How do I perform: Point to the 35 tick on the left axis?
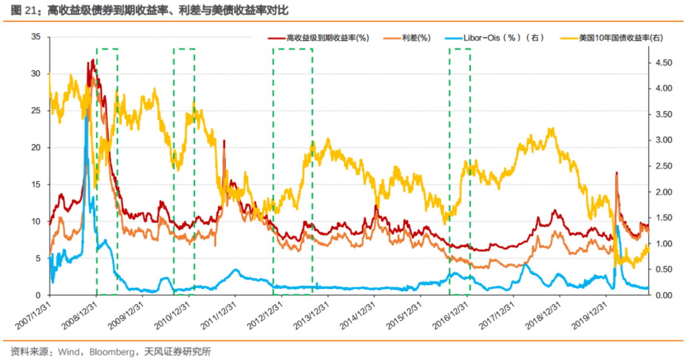(x=36, y=37)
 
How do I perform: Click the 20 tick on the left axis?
(x=36, y=148)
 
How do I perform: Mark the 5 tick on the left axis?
(x=38, y=259)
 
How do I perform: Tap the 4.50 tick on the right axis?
(x=662, y=62)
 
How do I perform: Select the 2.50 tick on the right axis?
(x=662, y=166)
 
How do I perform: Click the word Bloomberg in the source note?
(x=110, y=351)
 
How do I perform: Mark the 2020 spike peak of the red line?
(x=616, y=172)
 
